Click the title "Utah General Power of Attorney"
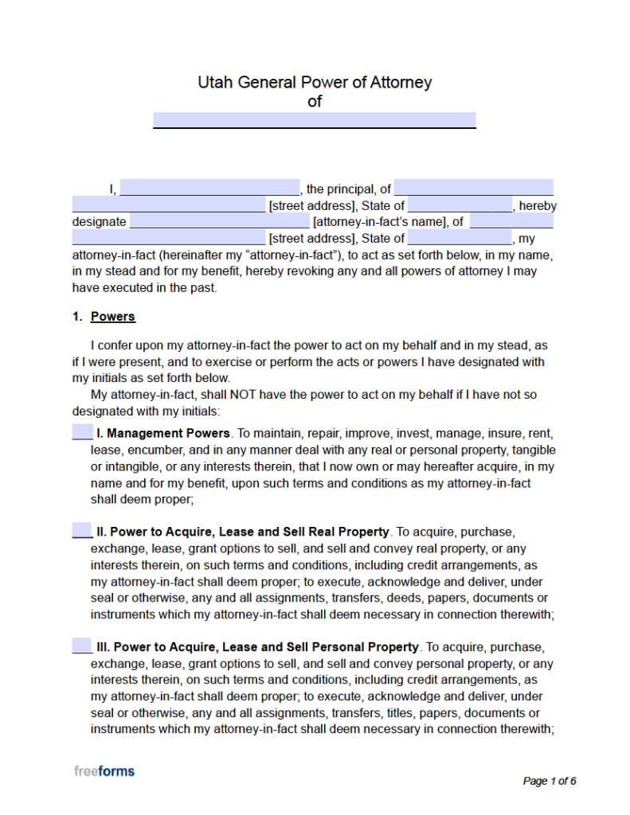coord(315,82)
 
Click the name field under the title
coord(315,120)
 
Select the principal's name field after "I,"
coord(209,189)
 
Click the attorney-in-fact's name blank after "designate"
coord(219,221)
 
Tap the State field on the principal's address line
coord(460,205)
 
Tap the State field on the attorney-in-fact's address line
coord(460,238)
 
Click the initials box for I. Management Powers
coord(82,433)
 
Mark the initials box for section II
coord(82,531)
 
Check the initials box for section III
coord(82,646)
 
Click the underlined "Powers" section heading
coord(113,317)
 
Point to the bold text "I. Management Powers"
coord(163,434)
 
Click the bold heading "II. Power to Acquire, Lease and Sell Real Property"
coord(243,532)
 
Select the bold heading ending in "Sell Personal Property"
coord(257,647)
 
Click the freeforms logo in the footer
coord(104,771)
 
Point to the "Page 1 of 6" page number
coord(549,781)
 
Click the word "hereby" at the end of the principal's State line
coord(538,206)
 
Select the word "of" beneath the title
coord(315,101)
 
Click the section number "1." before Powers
coord(77,317)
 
